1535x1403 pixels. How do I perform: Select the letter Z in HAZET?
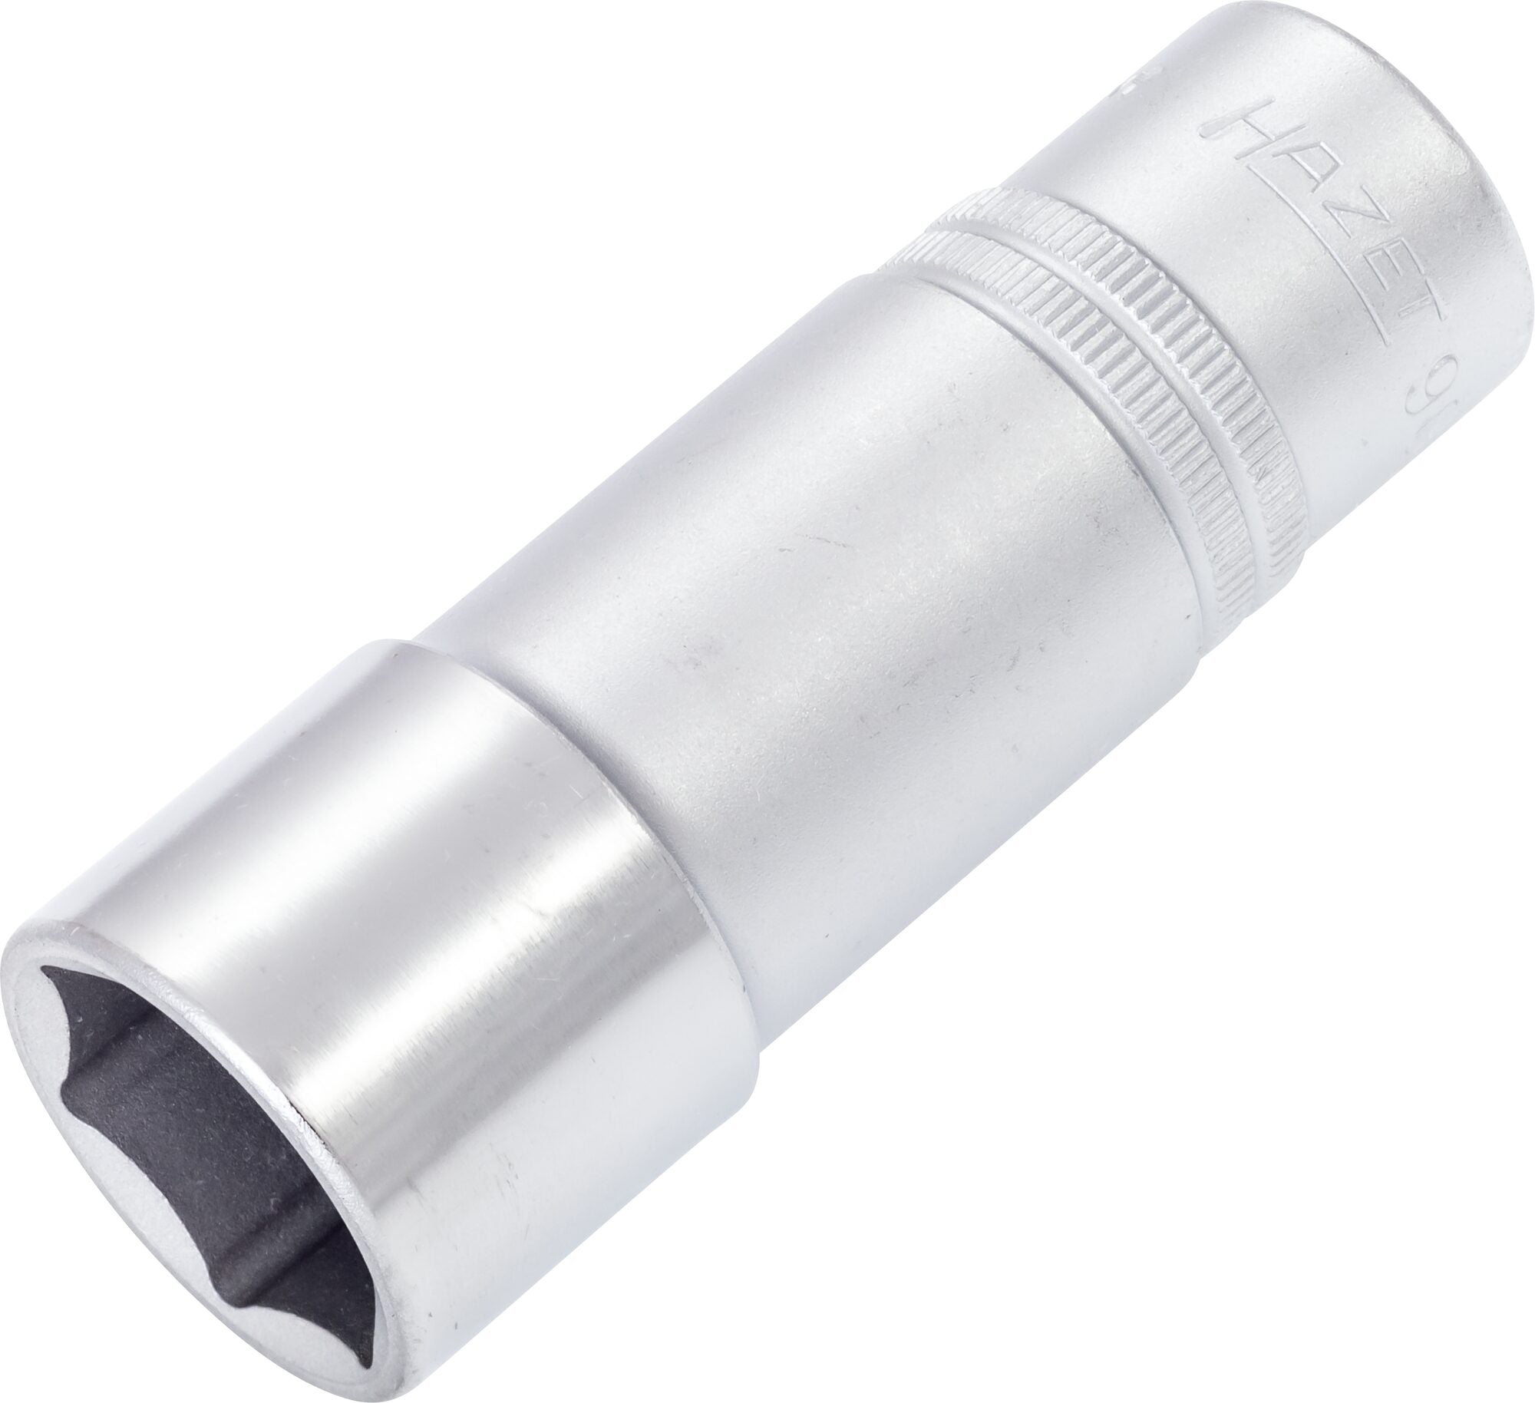tap(1242, 223)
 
